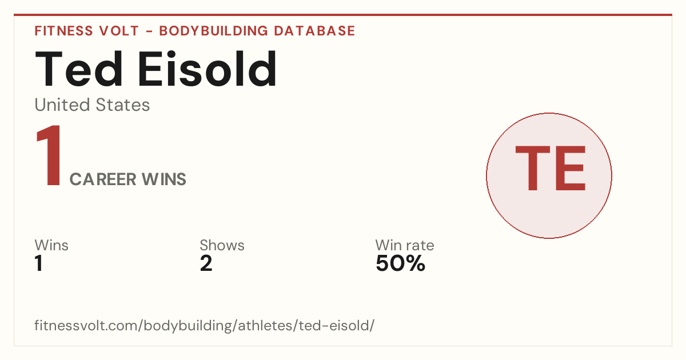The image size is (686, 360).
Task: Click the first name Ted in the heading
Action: coord(79,69)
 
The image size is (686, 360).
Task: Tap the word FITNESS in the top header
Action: coord(63,31)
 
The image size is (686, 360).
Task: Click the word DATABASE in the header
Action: coord(314,31)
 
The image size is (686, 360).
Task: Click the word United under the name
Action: coord(62,105)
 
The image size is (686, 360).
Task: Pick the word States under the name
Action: coord(123,105)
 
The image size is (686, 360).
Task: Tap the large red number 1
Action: coord(49,155)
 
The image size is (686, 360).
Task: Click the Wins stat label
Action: coord(51,245)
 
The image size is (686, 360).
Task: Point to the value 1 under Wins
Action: coord(39,263)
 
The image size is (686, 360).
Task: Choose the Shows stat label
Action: coord(222,245)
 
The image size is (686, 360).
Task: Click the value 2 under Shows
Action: coord(206,263)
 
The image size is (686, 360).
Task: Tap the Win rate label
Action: coord(405,245)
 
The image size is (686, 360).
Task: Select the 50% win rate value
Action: coord(401,263)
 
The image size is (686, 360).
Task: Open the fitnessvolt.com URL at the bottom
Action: coord(204,326)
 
